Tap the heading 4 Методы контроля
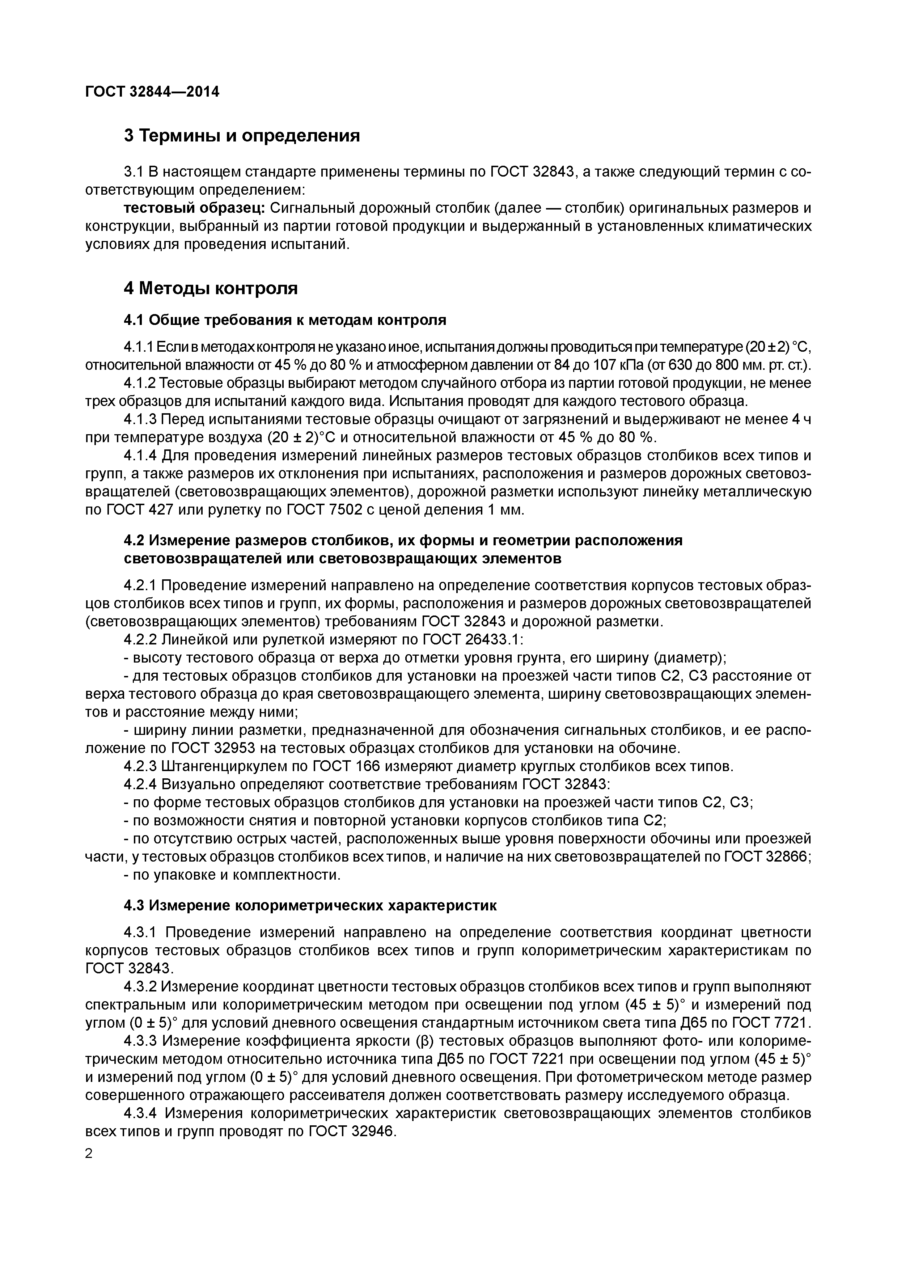(211, 288)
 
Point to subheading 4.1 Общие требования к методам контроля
(285, 320)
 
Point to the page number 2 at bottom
(89, 1154)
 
